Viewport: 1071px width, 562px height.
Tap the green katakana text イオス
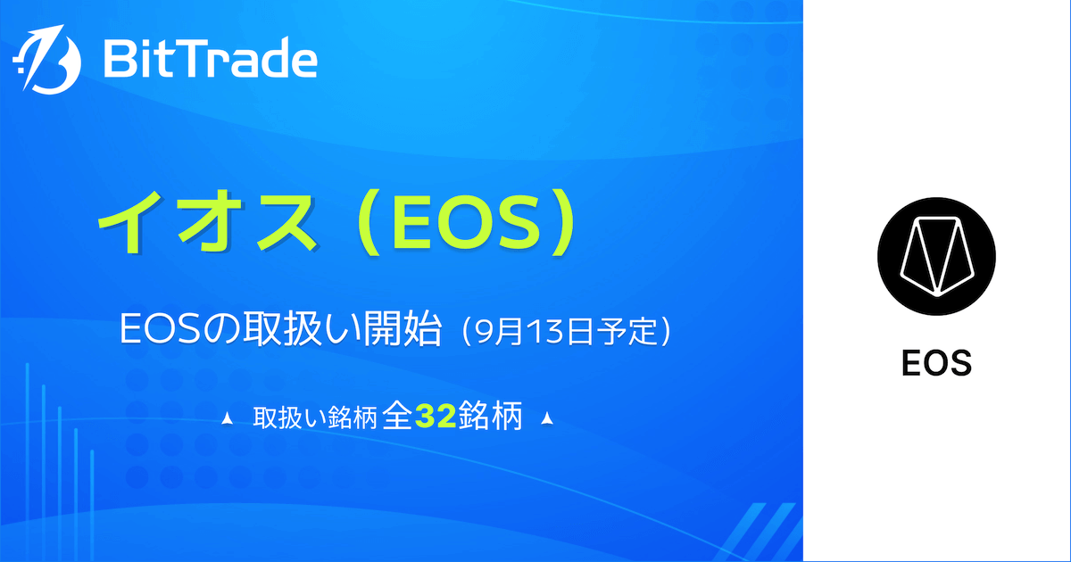(x=207, y=222)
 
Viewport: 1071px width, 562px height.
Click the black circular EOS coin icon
(x=936, y=256)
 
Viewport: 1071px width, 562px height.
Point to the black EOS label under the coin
(x=936, y=364)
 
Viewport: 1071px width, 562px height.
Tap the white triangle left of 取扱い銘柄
(x=227, y=419)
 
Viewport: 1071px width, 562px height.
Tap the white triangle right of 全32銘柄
(x=547, y=418)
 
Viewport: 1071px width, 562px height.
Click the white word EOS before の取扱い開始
(x=160, y=330)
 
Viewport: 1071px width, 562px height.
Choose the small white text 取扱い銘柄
(x=314, y=417)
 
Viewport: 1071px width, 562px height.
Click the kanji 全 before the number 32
(x=398, y=416)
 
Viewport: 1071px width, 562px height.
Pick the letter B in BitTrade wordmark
(x=119, y=59)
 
